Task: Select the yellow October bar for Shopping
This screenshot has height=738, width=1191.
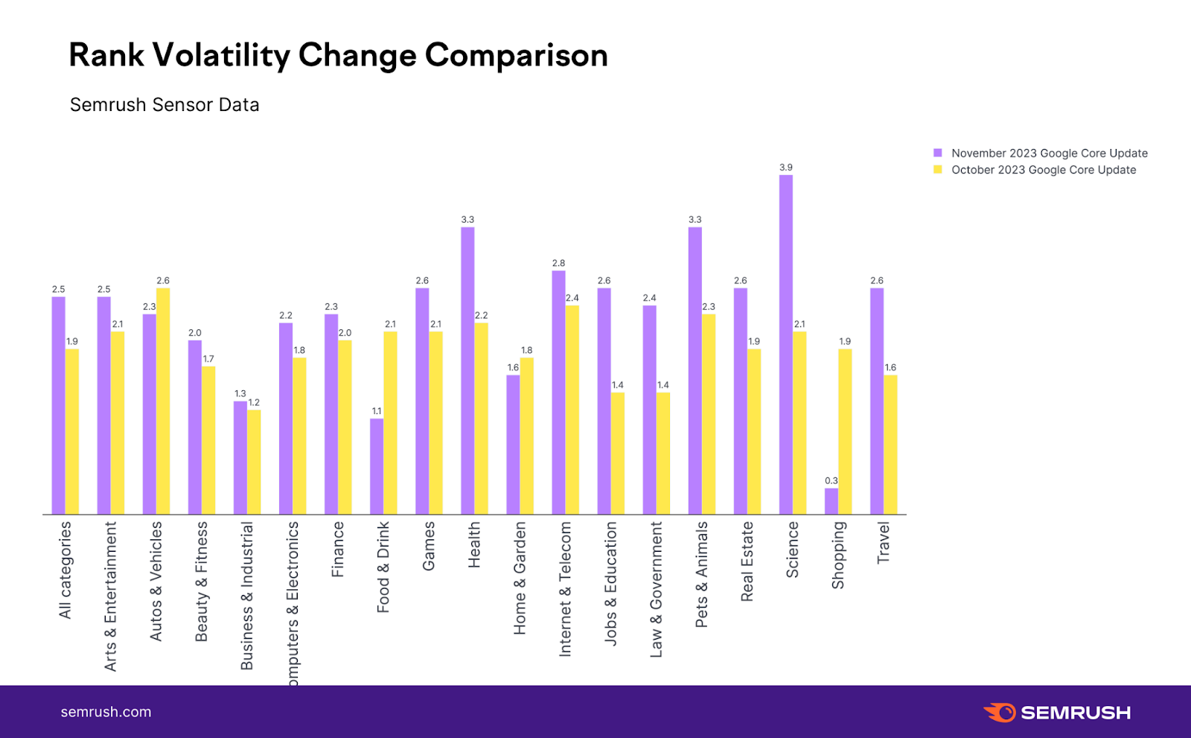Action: click(x=845, y=431)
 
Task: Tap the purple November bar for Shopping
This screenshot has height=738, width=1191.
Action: click(x=831, y=501)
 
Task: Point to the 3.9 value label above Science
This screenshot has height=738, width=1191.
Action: click(x=785, y=168)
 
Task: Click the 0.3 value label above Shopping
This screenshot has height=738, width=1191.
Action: click(x=831, y=481)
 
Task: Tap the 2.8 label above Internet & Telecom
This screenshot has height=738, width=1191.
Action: click(x=558, y=264)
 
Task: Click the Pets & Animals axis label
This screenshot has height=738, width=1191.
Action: click(x=701, y=574)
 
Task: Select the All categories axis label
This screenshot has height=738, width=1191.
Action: click(x=66, y=570)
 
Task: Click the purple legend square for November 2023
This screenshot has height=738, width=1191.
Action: click(x=938, y=153)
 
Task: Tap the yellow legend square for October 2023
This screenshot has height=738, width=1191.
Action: click(x=938, y=170)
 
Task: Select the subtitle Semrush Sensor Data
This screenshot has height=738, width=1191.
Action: click(x=165, y=105)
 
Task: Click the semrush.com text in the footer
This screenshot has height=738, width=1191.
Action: click(x=106, y=712)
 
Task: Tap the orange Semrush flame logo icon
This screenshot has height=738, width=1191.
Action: click(x=1000, y=712)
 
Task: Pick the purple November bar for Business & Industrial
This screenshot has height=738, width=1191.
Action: click(x=240, y=458)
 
